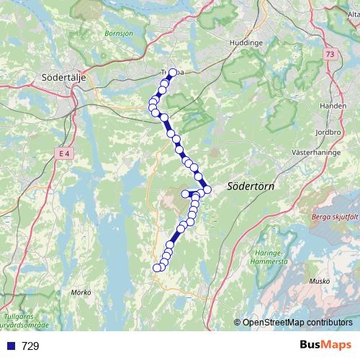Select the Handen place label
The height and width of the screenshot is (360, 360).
[x=333, y=105]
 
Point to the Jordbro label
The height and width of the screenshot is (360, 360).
[x=328, y=132]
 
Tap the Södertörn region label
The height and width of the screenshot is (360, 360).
[x=250, y=186]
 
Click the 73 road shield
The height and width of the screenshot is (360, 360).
[x=330, y=55]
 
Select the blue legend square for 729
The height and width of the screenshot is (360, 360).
[x=9, y=346]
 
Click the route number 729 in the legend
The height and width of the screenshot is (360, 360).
[x=30, y=346]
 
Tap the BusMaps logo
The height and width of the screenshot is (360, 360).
[x=325, y=346]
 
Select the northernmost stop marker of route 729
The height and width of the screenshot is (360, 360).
[x=172, y=73]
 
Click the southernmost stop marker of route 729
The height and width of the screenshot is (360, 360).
[x=156, y=269]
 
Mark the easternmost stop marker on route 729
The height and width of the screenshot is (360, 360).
[x=207, y=189]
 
